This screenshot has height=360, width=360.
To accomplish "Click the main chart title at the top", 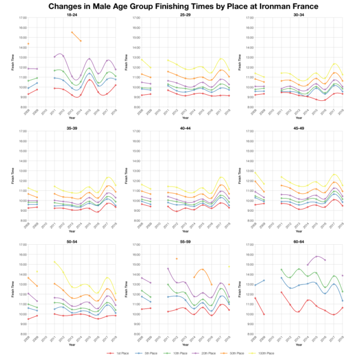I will (x=180, y=6).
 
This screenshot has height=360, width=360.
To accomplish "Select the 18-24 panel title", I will (x=71, y=14).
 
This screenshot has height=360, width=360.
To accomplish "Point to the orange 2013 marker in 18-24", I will (x=72, y=32).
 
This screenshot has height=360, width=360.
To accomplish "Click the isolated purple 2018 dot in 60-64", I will (x=342, y=275).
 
